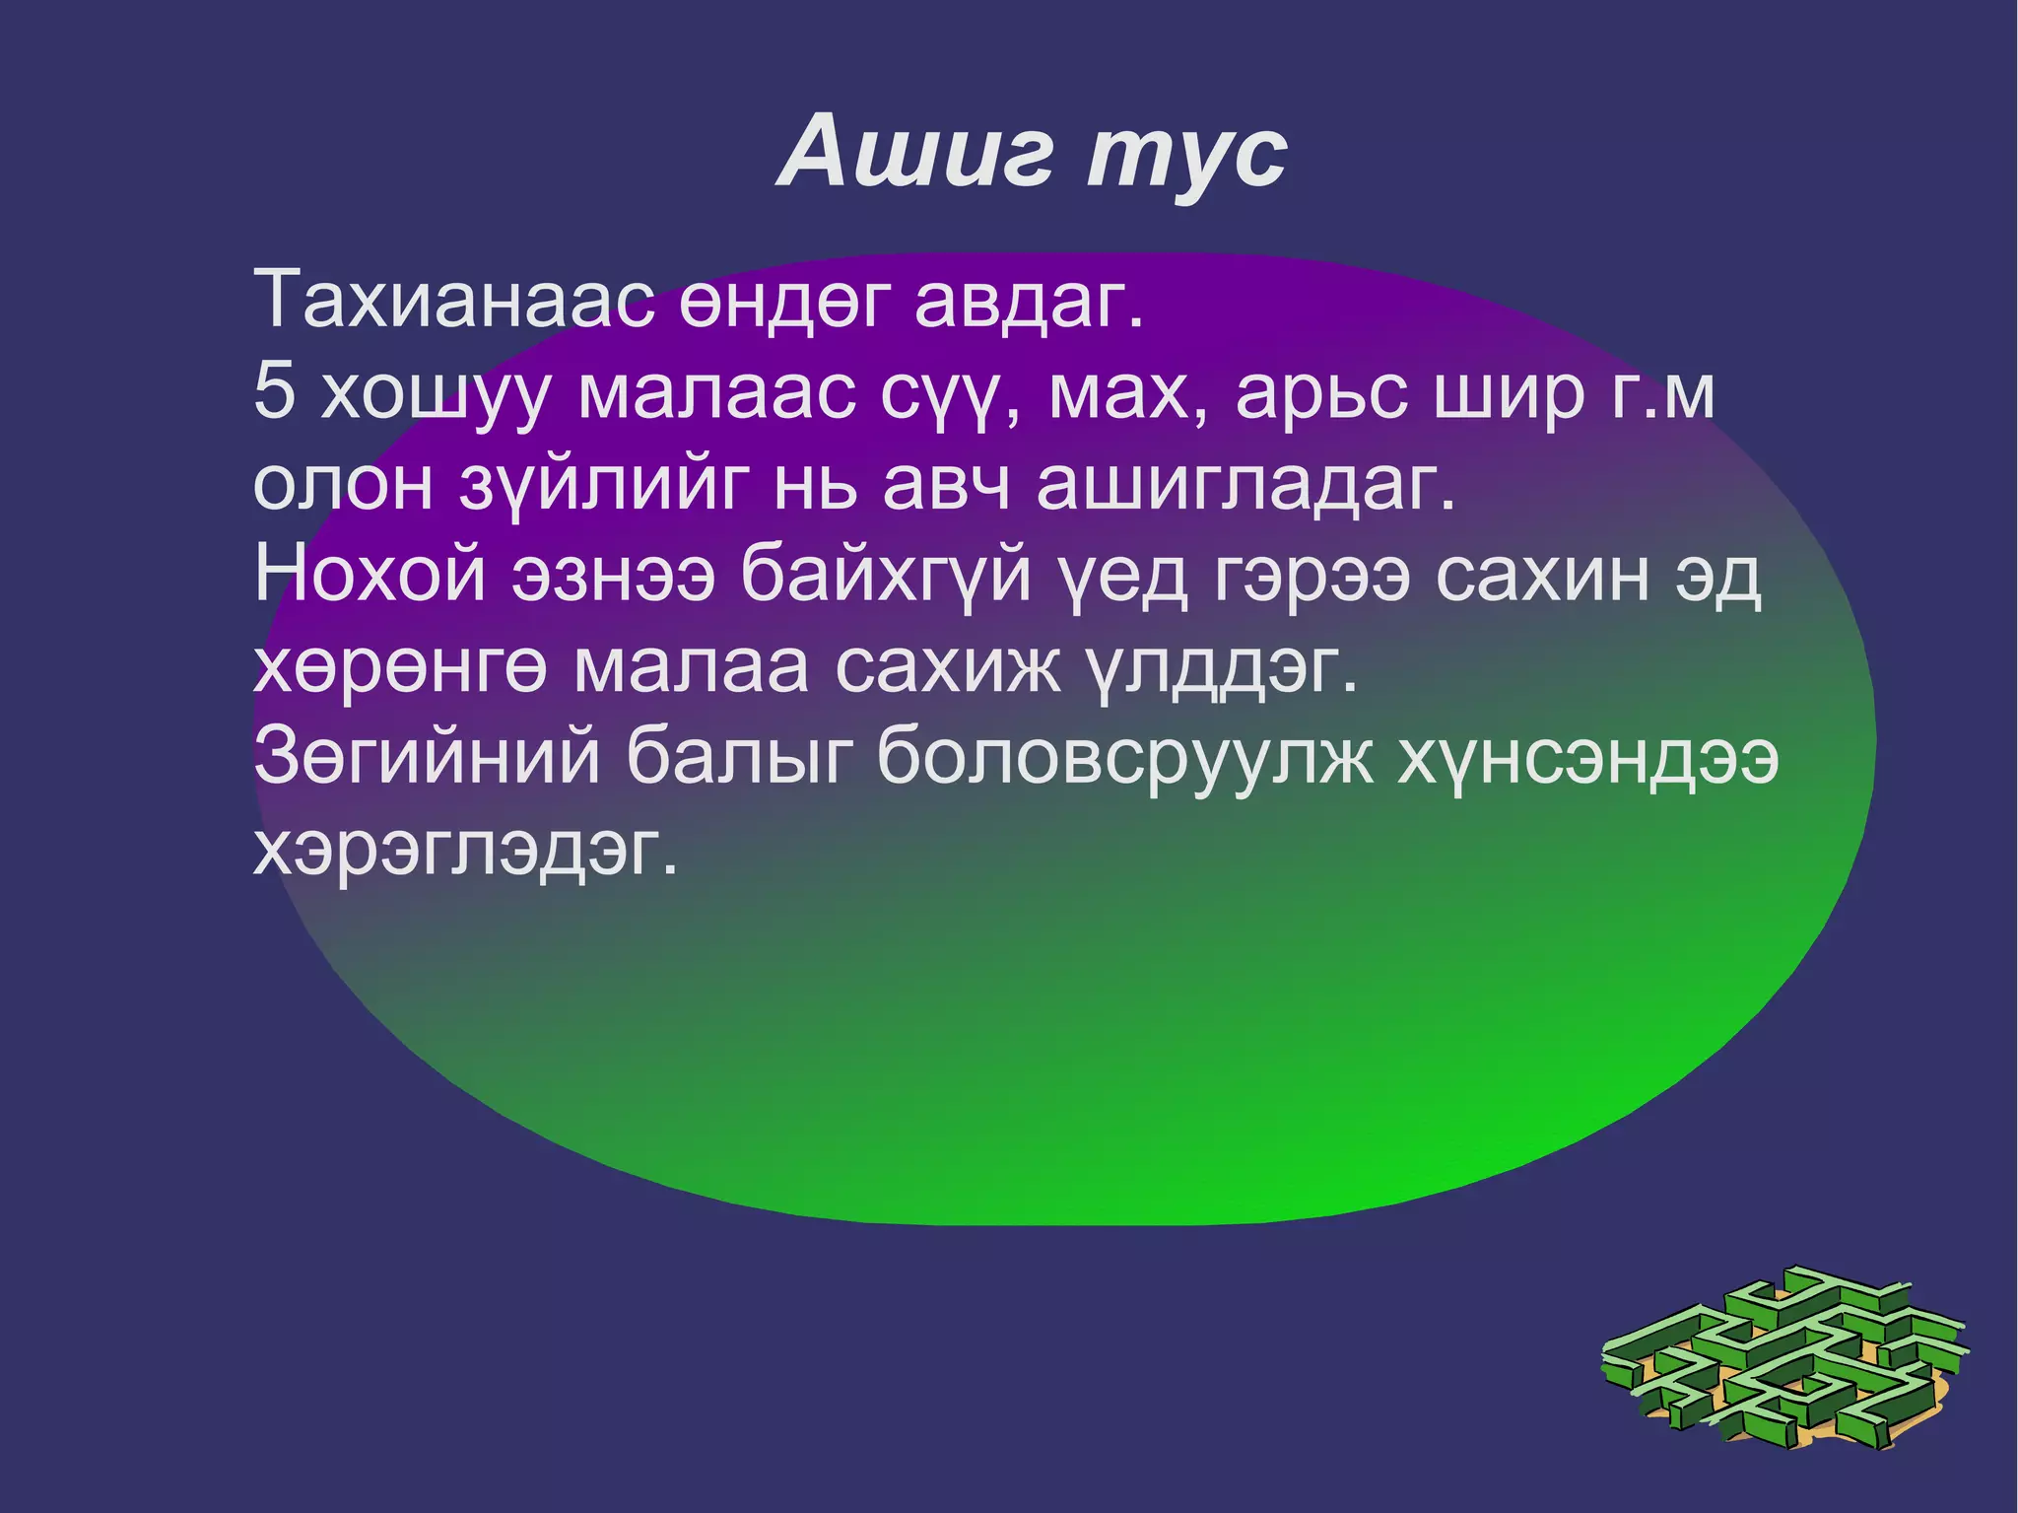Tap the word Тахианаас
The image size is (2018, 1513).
(x=454, y=299)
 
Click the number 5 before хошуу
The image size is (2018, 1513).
(x=274, y=392)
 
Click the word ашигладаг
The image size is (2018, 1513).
(x=1245, y=485)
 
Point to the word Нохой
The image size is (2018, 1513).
(x=370, y=576)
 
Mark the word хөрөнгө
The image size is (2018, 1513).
(x=399, y=669)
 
